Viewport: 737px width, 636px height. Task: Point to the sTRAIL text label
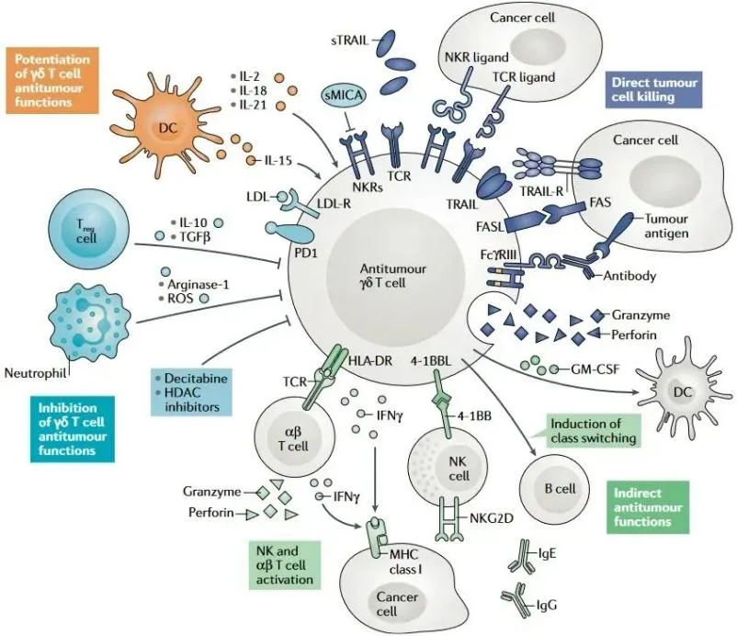click(x=349, y=42)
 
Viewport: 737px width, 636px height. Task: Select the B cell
click(x=555, y=488)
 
